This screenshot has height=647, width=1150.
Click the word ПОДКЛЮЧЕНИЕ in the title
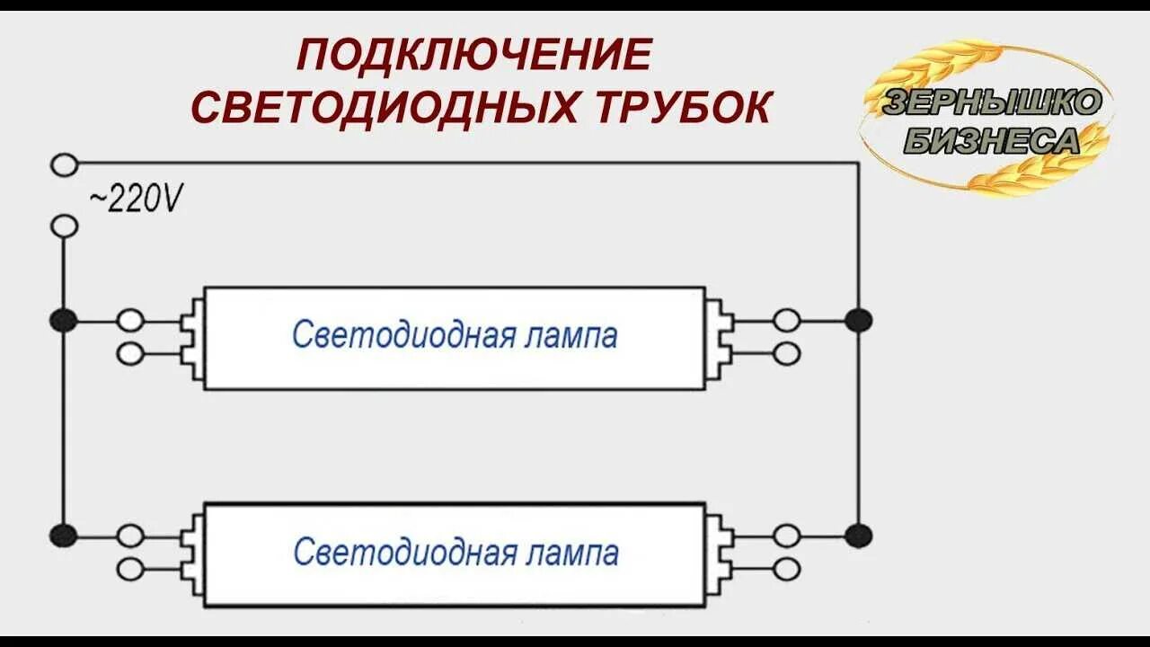point(473,57)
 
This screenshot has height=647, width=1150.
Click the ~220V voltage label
point(136,199)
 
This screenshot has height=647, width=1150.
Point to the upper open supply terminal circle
point(64,164)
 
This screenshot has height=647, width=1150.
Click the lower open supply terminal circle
point(64,226)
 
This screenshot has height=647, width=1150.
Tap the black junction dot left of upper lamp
point(63,320)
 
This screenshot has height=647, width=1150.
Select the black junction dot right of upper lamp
point(859,320)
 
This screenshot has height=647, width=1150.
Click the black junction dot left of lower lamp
point(63,536)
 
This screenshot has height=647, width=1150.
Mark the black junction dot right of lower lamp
point(859,536)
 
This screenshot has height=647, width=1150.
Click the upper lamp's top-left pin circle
point(130,320)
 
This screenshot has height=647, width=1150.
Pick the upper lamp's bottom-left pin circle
point(130,354)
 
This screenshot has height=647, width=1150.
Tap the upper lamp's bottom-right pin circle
point(787,354)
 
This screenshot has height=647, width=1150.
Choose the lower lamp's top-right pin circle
point(787,536)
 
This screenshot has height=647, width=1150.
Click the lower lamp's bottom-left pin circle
point(130,568)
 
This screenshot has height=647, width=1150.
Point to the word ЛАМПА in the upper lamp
point(573,336)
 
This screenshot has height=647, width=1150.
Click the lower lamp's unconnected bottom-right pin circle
point(787,568)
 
